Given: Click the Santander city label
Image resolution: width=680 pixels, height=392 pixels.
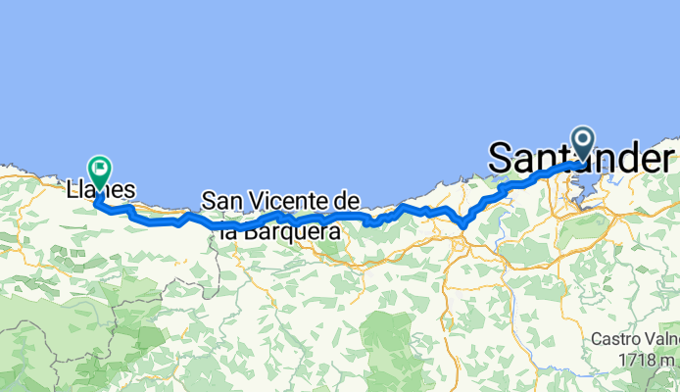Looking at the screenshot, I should pyautogui.click(x=580, y=157).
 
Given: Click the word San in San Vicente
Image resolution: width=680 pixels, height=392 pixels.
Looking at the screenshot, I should pyautogui.click(x=220, y=202).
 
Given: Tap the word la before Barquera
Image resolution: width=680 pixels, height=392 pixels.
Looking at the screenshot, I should pyautogui.click(x=228, y=233).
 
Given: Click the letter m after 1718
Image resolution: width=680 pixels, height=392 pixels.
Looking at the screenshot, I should pyautogui.click(x=668, y=360).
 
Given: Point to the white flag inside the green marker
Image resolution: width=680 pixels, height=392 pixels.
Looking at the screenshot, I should pyautogui.click(x=100, y=169).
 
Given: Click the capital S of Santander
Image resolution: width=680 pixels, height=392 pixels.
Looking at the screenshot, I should pyautogui.click(x=500, y=158).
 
